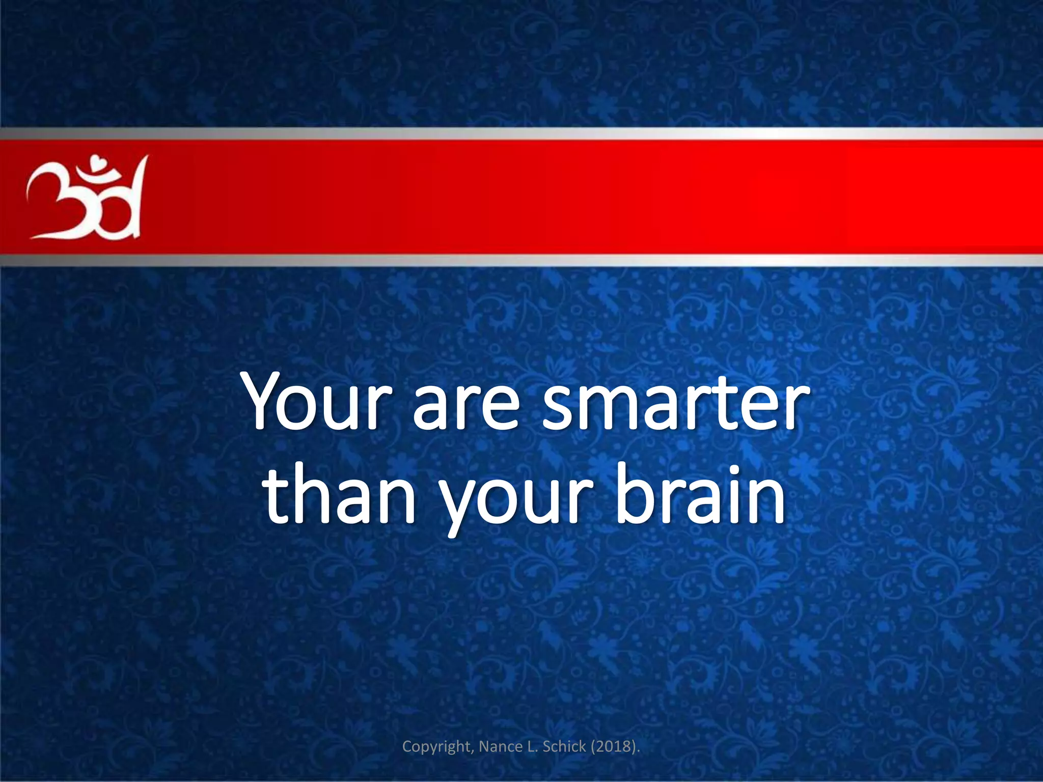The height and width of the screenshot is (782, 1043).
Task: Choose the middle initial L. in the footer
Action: click(x=532, y=746)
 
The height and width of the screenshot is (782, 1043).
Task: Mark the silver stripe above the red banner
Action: click(x=521, y=133)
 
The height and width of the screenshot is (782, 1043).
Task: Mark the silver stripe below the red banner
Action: click(x=521, y=261)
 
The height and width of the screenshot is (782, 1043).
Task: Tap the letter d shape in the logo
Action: click(x=125, y=204)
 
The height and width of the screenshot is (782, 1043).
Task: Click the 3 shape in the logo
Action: click(x=51, y=201)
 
